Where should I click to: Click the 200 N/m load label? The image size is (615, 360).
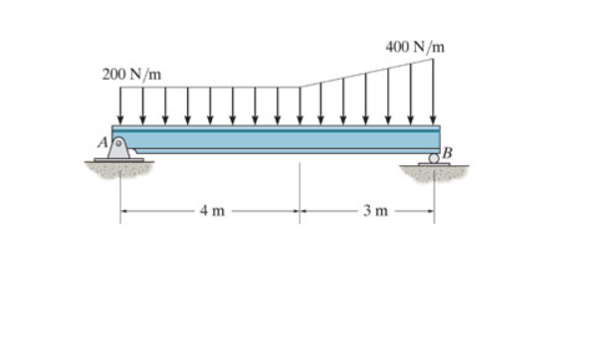tap(131, 75)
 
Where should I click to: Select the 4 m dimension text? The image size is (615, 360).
tap(211, 211)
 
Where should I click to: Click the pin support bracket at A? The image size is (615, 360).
tap(119, 149)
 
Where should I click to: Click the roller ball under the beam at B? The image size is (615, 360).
tap(434, 157)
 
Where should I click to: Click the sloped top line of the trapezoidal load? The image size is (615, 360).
tap(366, 73)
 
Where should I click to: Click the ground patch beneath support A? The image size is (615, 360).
tap(119, 169)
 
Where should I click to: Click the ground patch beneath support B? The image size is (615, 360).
tap(434, 172)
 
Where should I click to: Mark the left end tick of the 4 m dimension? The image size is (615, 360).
tap(121, 211)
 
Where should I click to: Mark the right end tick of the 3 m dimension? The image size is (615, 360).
tap(434, 211)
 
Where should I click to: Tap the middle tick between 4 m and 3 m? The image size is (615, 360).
tap(300, 211)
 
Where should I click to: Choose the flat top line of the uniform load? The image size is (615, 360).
tap(209, 88)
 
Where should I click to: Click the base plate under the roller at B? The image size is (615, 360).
tap(434, 164)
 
